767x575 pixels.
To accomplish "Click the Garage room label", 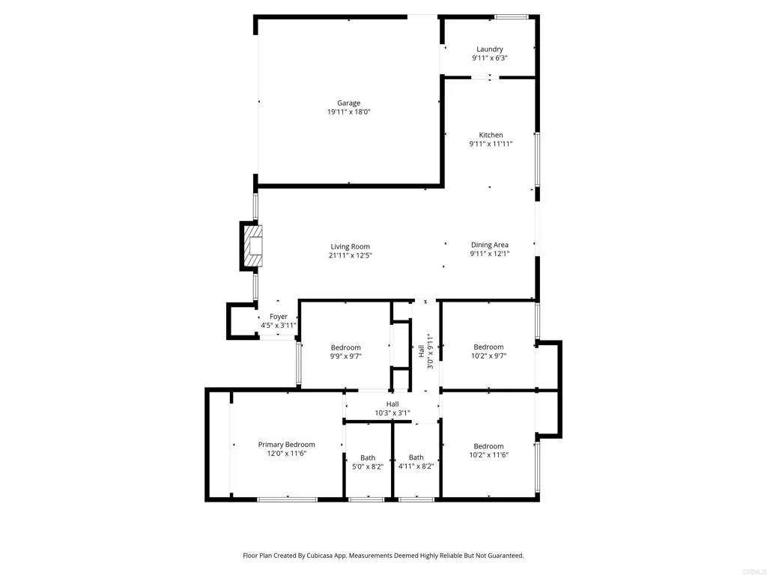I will [x=348, y=103].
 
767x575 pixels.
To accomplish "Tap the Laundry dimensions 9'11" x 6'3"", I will [x=490, y=58].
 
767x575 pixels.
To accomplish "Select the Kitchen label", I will [x=491, y=135].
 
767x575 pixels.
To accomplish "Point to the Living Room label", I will [x=351, y=246].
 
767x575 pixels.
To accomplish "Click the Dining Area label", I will [x=490, y=245].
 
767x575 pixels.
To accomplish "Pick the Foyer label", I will [x=279, y=317].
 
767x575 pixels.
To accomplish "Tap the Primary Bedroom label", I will [x=287, y=445].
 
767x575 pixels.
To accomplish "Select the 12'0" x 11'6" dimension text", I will [x=287, y=454].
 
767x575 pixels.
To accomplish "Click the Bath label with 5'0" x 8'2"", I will [x=368, y=457].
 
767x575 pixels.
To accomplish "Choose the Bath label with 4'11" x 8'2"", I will [x=416, y=457].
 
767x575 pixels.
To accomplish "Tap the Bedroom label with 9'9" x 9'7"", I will [x=346, y=347].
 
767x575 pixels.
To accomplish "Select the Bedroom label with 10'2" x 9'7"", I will [x=488, y=347].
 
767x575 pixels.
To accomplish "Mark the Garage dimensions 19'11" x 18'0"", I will [x=349, y=112].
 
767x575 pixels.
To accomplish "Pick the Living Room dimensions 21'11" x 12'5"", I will [x=351, y=255].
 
